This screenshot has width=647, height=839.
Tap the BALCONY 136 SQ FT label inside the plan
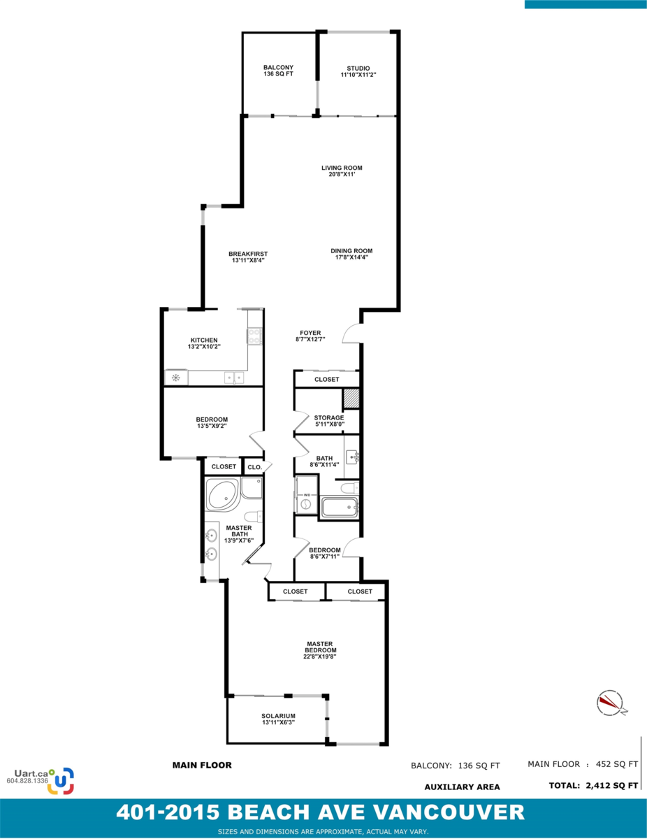click(x=278, y=71)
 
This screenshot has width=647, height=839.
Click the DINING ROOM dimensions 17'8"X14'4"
click(x=351, y=257)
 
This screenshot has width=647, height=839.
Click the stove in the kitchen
click(x=254, y=336)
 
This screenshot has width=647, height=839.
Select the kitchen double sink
click(x=234, y=378)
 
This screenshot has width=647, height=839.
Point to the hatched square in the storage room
click(x=351, y=399)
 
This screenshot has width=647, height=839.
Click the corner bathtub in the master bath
click(x=222, y=494)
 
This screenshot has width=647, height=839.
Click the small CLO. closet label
click(x=254, y=467)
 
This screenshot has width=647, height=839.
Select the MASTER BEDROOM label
click(x=320, y=650)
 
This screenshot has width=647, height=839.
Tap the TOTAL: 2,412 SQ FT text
click(x=593, y=785)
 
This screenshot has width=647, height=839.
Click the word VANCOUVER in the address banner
click(x=449, y=812)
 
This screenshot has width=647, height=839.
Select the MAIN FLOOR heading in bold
click(x=202, y=765)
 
